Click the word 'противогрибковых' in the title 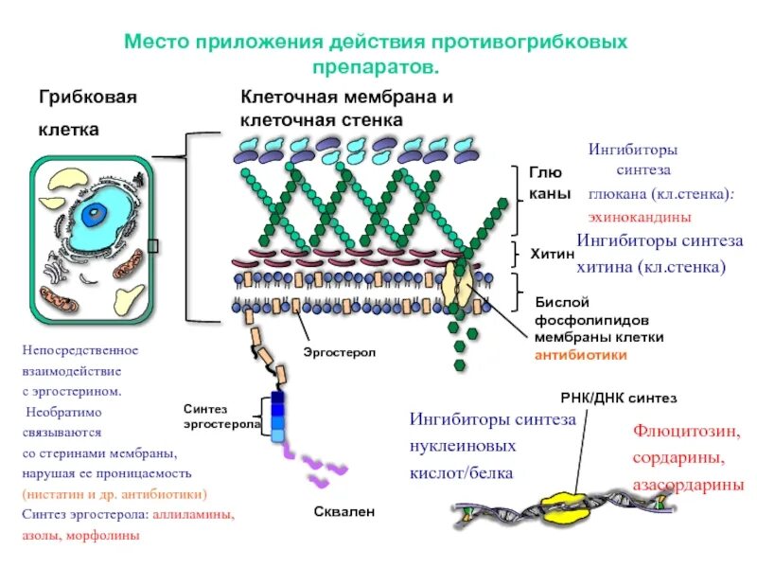point(531,44)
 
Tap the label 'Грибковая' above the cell point(88,98)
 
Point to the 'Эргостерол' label point(340,352)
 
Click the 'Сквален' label point(344,511)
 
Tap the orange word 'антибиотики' point(581,355)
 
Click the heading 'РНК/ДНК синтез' point(619,399)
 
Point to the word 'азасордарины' point(688,485)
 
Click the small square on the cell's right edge point(153,248)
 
